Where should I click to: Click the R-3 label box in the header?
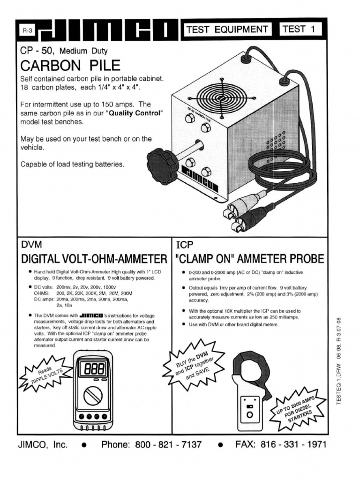(x=27, y=31)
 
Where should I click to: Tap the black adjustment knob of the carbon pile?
(x=161, y=166)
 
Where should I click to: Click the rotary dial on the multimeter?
(x=92, y=397)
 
